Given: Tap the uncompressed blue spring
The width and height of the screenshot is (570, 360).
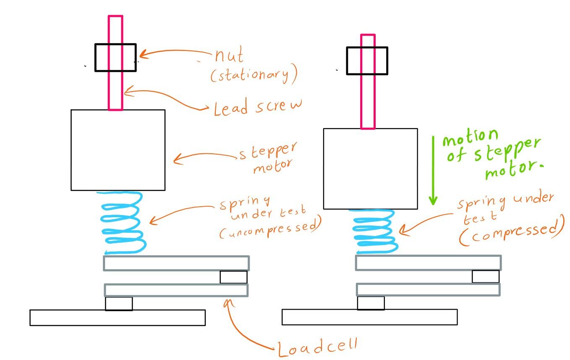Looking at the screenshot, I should pyautogui.click(x=122, y=223).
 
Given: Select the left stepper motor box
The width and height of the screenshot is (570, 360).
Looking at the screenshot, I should pyautogui.click(x=118, y=150).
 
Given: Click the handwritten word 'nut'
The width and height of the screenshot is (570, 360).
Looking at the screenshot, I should pyautogui.click(x=229, y=56).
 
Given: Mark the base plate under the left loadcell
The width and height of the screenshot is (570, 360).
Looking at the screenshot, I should pyautogui.click(x=118, y=318).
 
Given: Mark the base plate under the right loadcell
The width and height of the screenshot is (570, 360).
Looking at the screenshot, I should pyautogui.click(x=369, y=317).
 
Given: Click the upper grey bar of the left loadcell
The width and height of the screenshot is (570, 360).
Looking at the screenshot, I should pyautogui.click(x=176, y=263).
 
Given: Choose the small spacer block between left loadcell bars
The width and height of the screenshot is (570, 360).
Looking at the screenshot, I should pyautogui.click(x=233, y=277).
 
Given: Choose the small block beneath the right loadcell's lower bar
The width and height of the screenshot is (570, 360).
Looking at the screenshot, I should pyautogui.click(x=371, y=303).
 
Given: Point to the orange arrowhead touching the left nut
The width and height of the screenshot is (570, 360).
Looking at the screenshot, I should pyautogui.click(x=142, y=54).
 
